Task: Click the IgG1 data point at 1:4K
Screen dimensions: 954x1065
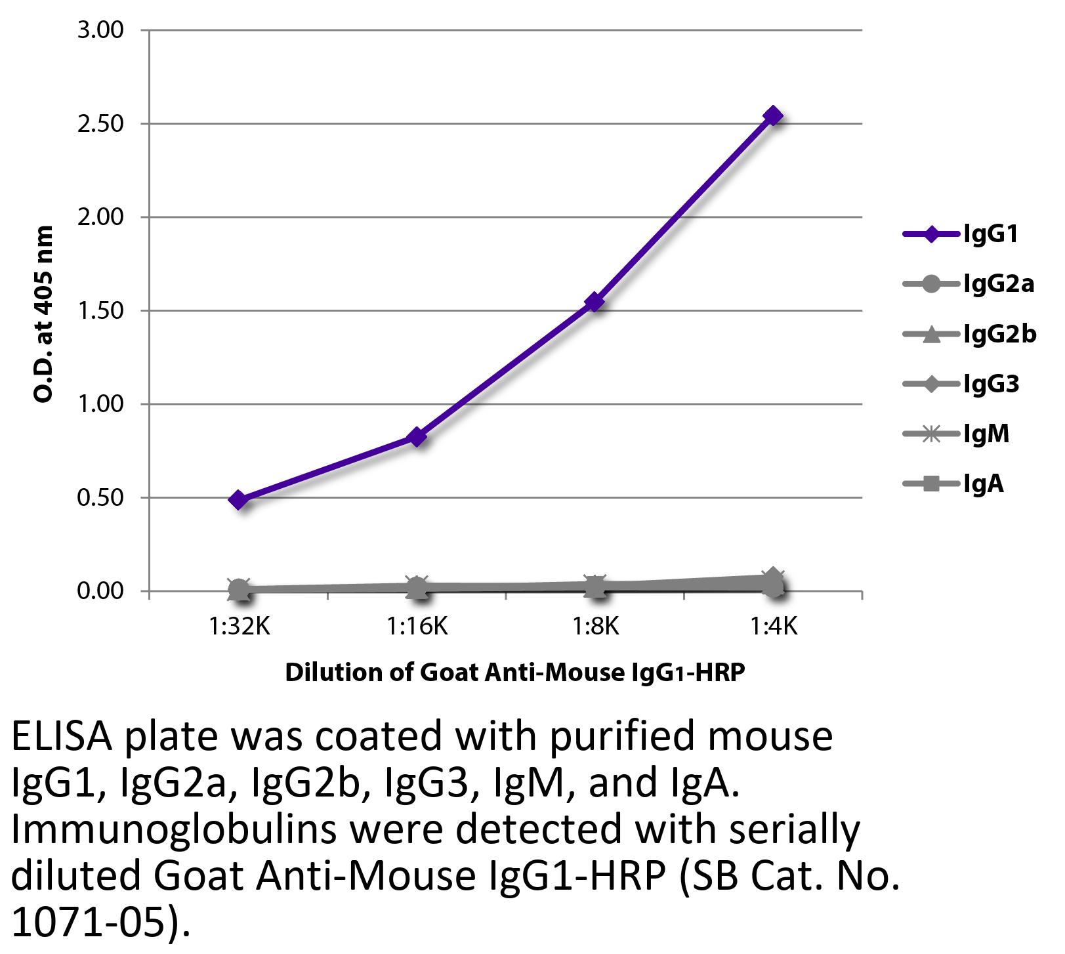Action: pyautogui.click(x=774, y=116)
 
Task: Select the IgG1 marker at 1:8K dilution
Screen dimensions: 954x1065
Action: pyautogui.click(x=595, y=302)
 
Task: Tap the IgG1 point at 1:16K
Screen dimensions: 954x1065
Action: pyautogui.click(x=417, y=436)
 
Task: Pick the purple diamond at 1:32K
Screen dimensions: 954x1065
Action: pyautogui.click(x=239, y=500)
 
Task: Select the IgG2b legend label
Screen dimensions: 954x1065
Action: pyautogui.click(x=999, y=334)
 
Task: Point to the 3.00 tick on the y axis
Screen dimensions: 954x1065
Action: pyautogui.click(x=100, y=30)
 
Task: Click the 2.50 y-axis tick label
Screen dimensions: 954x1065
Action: pyautogui.click(x=100, y=124)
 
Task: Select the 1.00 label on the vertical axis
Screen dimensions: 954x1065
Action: pyautogui.click(x=100, y=404)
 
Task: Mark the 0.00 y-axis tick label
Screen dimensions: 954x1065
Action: pyautogui.click(x=100, y=591)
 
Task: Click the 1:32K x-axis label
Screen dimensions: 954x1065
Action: pyautogui.click(x=240, y=627)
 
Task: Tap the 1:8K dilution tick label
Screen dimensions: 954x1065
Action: pyautogui.click(x=595, y=627)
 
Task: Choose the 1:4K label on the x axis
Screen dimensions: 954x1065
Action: pyautogui.click(x=774, y=627)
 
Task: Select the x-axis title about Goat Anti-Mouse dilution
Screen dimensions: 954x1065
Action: pyautogui.click(x=515, y=673)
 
